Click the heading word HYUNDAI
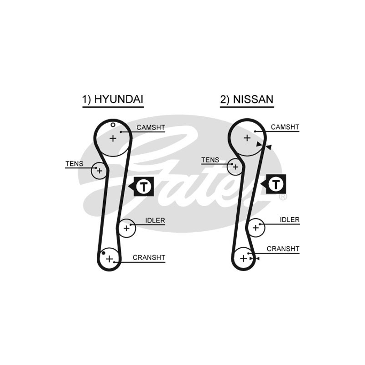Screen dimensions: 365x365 [119, 99]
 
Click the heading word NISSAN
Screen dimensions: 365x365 [253, 99]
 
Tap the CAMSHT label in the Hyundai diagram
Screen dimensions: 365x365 [151, 128]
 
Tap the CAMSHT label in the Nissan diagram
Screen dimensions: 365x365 [285, 127]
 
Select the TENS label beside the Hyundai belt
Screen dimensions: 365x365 [74, 164]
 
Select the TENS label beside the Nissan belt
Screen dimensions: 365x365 [210, 160]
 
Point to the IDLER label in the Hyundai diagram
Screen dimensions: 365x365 [155, 220]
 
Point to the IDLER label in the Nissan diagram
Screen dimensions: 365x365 [290, 220]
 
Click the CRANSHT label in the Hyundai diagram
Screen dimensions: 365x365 [149, 257]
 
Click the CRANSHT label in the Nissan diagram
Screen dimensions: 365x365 [283, 249]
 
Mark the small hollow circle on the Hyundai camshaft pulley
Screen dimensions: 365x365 [113, 125]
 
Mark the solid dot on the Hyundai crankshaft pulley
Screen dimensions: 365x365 [104, 253]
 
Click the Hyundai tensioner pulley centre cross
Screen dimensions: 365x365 [99, 171]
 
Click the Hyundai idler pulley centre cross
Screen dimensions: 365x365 [126, 228]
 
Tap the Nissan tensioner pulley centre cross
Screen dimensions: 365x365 [235, 167]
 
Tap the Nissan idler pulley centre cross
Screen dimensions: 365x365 [255, 227]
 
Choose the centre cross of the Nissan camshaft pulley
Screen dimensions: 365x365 [247, 138]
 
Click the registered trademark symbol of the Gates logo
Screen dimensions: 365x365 [283, 197]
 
